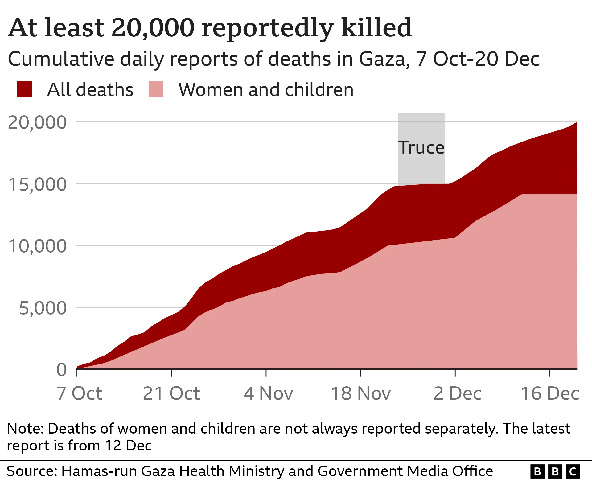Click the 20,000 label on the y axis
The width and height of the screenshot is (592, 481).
pos(37,122)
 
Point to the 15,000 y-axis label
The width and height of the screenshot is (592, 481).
pos(37,184)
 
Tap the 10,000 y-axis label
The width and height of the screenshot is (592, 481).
pos(37,246)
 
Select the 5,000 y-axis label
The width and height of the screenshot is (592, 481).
pos(43,308)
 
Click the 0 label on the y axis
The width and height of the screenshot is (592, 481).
pos(61,369)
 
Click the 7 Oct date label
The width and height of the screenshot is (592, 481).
pos(79,393)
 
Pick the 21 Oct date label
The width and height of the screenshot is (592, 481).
pos(171,393)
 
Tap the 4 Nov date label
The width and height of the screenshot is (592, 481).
pos(268,393)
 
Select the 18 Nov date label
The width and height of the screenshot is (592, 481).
pos(361,393)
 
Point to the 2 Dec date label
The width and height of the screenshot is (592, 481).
pos(457,393)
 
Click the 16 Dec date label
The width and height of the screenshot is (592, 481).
pos(550,393)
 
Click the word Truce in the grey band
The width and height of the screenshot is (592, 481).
pos(421,147)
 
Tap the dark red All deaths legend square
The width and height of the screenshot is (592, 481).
pos(25,89)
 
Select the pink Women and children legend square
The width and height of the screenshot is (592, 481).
pos(156,89)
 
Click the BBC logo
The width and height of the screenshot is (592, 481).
pos(555,471)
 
